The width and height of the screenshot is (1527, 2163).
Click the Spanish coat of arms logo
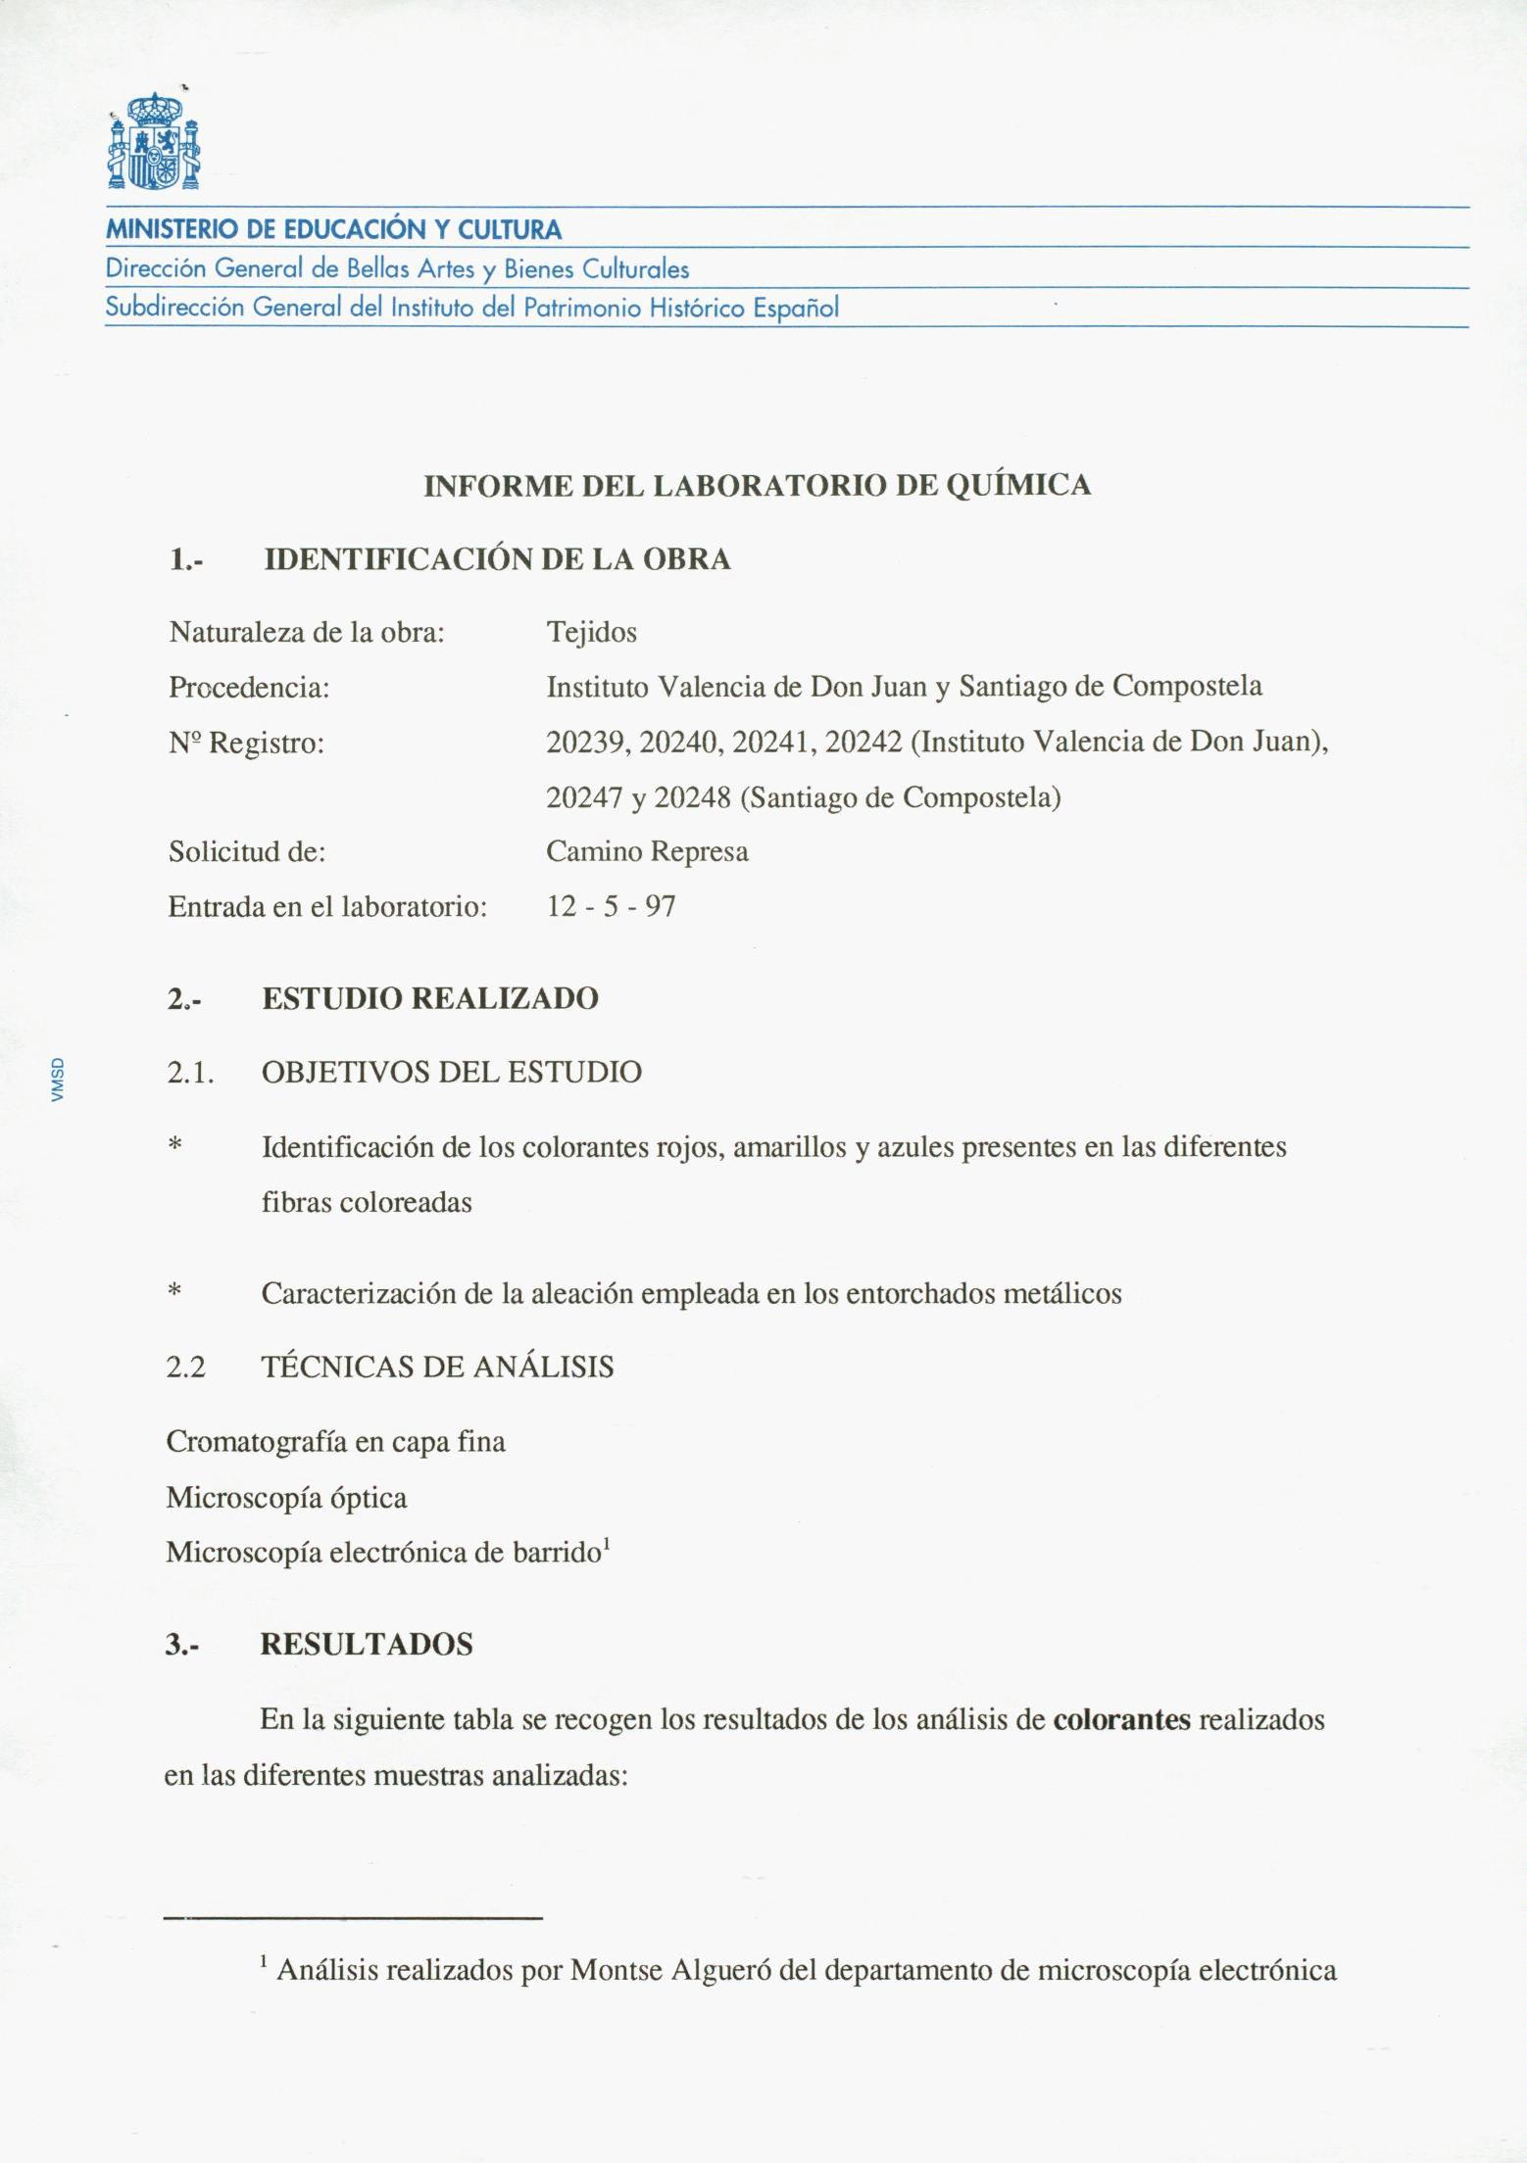[154, 141]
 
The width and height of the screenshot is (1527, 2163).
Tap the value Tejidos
[591, 633]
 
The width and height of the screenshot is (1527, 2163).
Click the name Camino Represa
[647, 851]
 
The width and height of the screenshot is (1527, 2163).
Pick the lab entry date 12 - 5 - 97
[611, 906]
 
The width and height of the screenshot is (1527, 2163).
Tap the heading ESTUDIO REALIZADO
[430, 999]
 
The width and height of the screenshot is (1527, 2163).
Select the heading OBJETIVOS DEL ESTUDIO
[452, 1073]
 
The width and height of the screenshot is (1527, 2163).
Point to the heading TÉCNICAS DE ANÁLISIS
[437, 1368]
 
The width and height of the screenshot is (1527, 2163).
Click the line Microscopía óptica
[286, 1498]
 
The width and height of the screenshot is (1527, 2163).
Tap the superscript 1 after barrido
[608, 1545]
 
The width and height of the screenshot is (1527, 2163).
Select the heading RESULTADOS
[366, 1645]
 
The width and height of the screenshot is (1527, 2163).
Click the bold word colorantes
[1121, 1720]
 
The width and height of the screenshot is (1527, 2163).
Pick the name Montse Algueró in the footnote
[670, 1969]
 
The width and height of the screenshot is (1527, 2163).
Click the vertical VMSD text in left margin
[58, 1080]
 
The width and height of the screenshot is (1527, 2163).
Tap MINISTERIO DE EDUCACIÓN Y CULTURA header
[333, 231]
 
